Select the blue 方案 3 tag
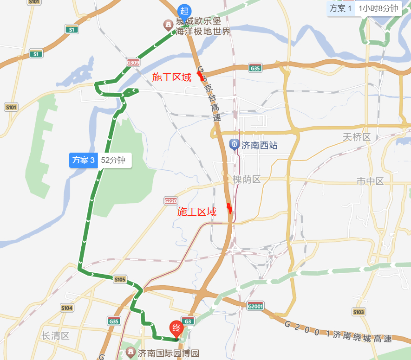[84, 161]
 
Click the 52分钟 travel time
[113, 161]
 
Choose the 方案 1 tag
[340, 8]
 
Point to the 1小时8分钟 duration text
[378, 8]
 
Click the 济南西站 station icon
[235, 145]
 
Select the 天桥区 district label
[357, 137]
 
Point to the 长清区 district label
[55, 336]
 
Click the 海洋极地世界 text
[203, 32]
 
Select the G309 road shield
[133, 63]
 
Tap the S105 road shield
[120, 279]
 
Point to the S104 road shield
[67, 308]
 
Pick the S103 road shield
[359, 312]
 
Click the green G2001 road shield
[255, 307]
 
